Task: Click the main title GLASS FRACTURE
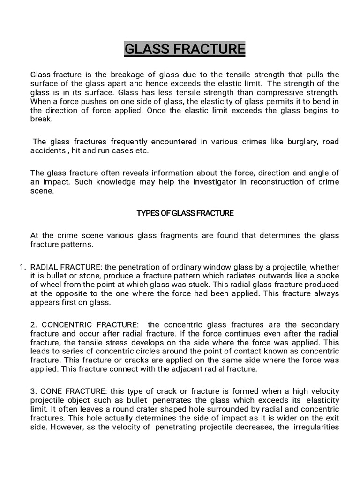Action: pos(184,49)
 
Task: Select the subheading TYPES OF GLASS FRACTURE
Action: pos(185,213)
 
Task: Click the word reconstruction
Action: pos(274,182)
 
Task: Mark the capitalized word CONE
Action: pos(51,391)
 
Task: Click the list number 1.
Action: pos(22,267)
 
